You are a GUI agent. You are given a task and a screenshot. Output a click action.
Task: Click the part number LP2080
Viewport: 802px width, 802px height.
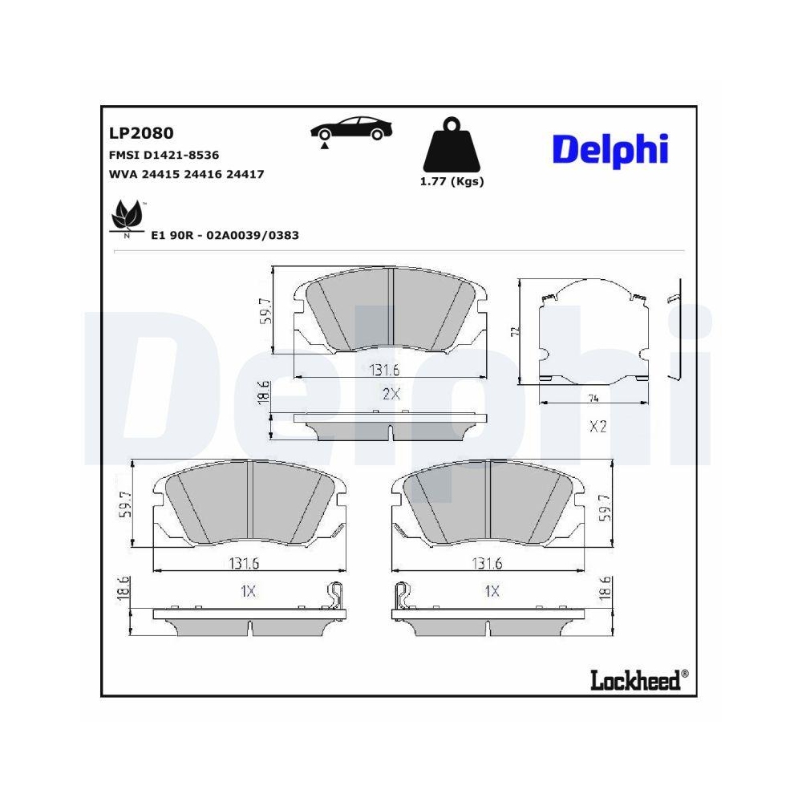140,133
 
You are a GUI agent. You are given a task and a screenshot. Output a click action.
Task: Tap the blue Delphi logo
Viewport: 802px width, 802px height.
610,148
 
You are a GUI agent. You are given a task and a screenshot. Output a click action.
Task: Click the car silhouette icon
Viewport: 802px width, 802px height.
351,130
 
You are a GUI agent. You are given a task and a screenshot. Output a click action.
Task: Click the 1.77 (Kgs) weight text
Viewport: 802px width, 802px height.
452,181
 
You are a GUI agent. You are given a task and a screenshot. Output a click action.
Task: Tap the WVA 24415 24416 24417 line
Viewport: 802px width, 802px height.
186,173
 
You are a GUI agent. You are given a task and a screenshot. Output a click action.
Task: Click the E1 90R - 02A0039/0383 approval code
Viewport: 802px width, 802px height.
225,236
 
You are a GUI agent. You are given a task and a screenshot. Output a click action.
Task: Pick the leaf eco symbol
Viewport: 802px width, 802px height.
127,217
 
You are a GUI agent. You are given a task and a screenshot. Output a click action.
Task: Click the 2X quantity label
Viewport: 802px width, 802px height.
391,393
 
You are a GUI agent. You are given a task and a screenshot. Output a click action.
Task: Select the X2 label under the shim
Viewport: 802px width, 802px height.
597,427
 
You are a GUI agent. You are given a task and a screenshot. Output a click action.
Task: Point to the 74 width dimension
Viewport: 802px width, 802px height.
594,398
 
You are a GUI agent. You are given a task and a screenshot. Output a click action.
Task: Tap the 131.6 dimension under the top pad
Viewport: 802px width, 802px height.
386,370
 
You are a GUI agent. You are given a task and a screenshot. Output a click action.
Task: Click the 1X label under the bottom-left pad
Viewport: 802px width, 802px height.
248,591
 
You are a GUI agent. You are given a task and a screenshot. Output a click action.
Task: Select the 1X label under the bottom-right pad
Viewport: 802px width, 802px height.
492,591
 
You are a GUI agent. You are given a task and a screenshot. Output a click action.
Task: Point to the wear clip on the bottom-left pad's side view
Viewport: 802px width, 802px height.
335,597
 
